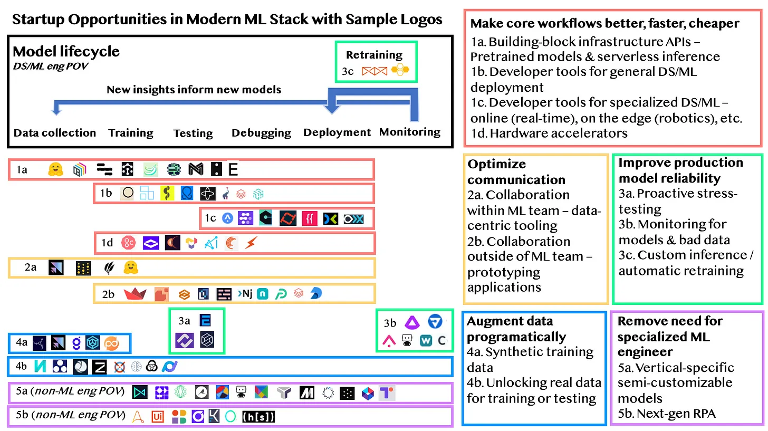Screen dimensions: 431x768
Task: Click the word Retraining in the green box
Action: click(374, 55)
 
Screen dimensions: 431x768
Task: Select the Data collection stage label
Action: click(55, 133)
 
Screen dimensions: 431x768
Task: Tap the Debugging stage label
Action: click(261, 133)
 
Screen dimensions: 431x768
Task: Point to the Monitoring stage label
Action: click(410, 132)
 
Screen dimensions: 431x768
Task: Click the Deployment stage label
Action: click(337, 132)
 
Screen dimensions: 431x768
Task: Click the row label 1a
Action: click(22, 170)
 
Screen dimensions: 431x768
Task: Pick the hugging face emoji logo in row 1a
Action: click(55, 169)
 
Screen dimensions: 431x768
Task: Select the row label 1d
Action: click(107, 243)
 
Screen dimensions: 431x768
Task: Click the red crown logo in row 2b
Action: click(135, 294)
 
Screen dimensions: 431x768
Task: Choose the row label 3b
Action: click(390, 323)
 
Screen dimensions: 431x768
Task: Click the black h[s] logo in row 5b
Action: click(258, 417)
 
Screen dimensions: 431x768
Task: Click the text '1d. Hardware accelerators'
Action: click(549, 133)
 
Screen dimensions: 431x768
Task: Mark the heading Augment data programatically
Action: click(517, 329)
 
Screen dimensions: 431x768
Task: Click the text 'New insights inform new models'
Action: click(194, 90)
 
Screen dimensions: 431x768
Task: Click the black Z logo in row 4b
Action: click(100, 367)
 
